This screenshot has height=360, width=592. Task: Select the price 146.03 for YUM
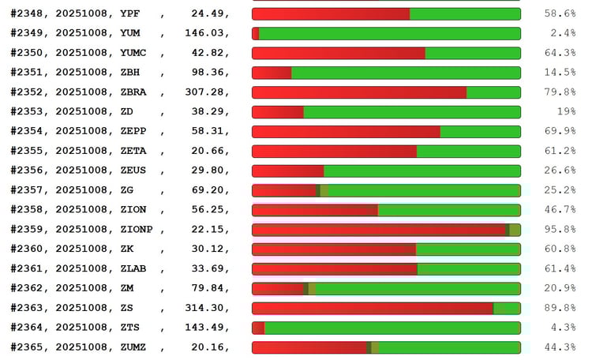208,33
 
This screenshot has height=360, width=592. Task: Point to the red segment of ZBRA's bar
359,92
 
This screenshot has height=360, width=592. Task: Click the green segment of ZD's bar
411,112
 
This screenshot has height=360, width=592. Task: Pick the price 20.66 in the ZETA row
212,151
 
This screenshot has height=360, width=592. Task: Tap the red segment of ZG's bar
284,190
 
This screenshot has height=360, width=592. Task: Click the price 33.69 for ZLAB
212,268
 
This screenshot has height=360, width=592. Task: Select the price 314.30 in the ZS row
208,308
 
